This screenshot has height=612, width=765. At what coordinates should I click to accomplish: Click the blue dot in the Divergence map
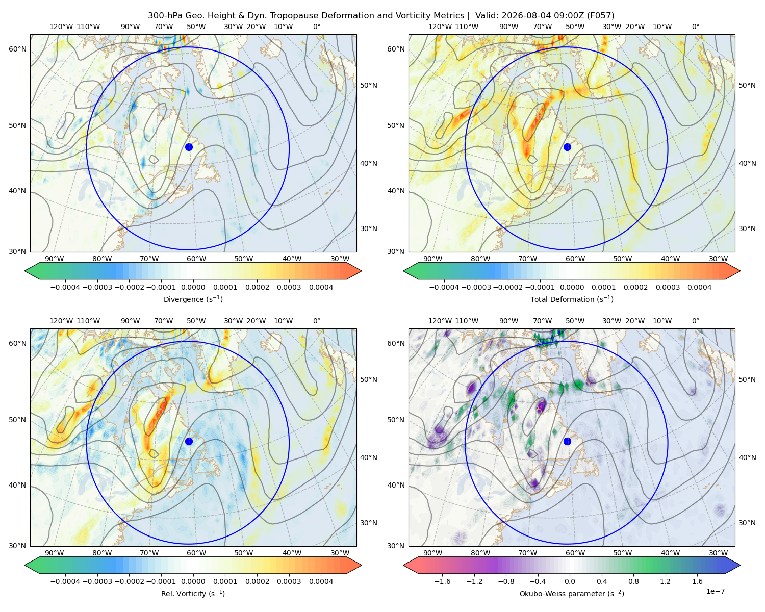pyautogui.click(x=189, y=147)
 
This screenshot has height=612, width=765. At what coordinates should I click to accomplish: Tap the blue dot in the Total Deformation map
pyautogui.click(x=567, y=147)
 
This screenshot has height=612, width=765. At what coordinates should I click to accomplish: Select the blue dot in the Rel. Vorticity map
pyautogui.click(x=189, y=441)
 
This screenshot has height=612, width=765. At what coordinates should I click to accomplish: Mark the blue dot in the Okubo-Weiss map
pyautogui.click(x=567, y=441)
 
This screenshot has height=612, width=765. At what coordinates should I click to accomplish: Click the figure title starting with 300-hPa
pyautogui.click(x=381, y=15)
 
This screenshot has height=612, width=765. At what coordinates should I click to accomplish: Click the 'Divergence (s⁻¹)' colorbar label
pyautogui.click(x=193, y=299)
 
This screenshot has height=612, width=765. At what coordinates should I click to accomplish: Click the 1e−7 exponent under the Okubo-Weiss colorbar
pyautogui.click(x=715, y=591)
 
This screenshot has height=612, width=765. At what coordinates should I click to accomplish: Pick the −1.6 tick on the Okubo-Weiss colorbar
pyautogui.click(x=442, y=581)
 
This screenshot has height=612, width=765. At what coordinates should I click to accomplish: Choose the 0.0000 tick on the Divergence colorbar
pyautogui.click(x=193, y=287)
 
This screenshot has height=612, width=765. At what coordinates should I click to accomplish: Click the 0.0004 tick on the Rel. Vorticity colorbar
pyautogui.click(x=321, y=581)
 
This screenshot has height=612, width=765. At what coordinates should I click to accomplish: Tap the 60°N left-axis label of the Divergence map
pyautogui.click(x=17, y=49)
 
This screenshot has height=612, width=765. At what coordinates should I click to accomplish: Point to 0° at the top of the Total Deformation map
pyautogui.click(x=695, y=27)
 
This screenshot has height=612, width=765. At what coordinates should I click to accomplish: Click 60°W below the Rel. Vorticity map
pyautogui.click(x=196, y=553)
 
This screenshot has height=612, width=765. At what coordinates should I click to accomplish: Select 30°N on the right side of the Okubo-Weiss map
pyautogui.click(x=748, y=522)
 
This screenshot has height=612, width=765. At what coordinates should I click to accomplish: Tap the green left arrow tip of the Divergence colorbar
pyautogui.click(x=25, y=271)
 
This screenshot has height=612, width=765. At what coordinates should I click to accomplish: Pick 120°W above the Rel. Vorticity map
pyautogui.click(x=61, y=321)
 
